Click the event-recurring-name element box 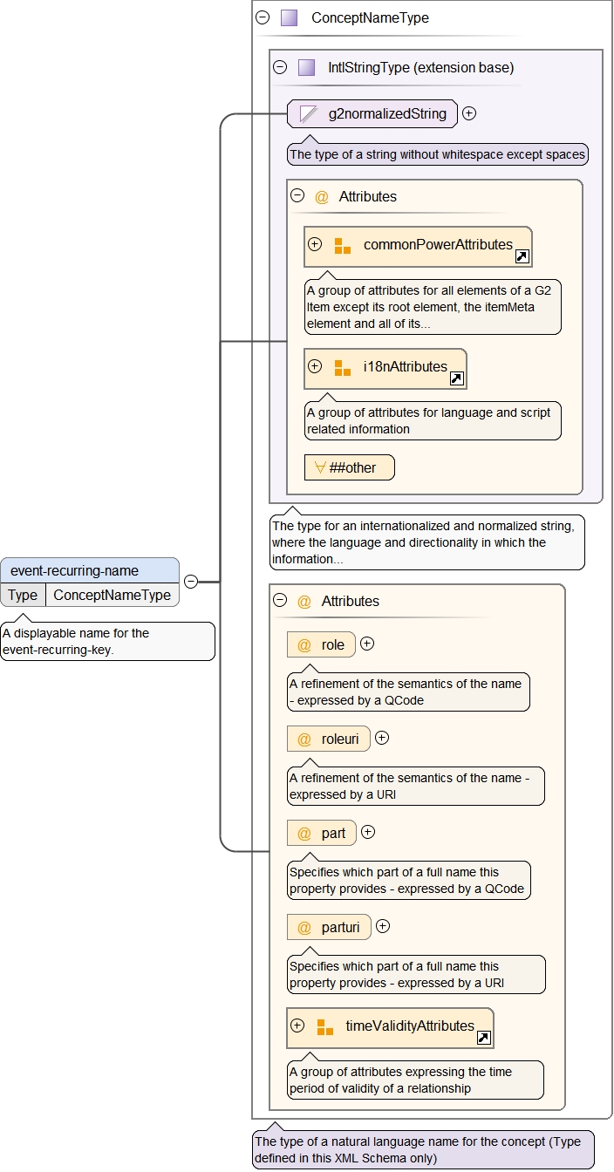pyautogui.click(x=90, y=571)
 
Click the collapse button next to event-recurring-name pyautogui.click(x=191, y=582)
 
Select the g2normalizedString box pyautogui.click(x=372, y=113)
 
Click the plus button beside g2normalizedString pyautogui.click(x=469, y=113)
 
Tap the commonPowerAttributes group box pyautogui.click(x=419, y=246)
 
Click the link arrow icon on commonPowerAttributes pyautogui.click(x=522, y=256)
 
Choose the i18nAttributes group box pyautogui.click(x=385, y=368)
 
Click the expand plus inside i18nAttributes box pyautogui.click(x=315, y=366)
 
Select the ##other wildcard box pyautogui.click(x=350, y=467)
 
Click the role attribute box pyautogui.click(x=322, y=645)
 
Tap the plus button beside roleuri pyautogui.click(x=382, y=739)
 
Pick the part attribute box pyautogui.click(x=323, y=833)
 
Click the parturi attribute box pyautogui.click(x=330, y=927)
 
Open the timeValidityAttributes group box pyautogui.click(x=391, y=1027)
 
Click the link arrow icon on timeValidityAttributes pyautogui.click(x=484, y=1038)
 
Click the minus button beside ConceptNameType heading pyautogui.click(x=263, y=17)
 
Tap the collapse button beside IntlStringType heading pyautogui.click(x=280, y=67)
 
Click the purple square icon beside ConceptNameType pyautogui.click(x=290, y=17)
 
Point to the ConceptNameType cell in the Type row pyautogui.click(x=113, y=595)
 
